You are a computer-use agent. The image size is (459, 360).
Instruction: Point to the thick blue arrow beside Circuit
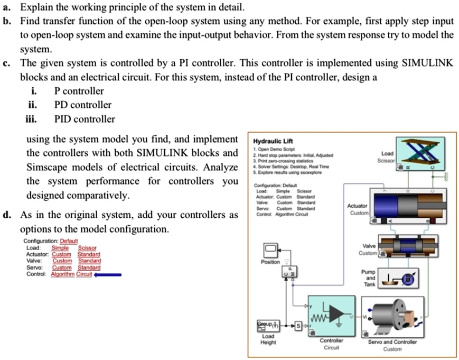(108, 274)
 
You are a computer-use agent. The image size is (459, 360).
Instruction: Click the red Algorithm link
(62, 274)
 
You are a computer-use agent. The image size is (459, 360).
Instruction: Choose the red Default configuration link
(69, 241)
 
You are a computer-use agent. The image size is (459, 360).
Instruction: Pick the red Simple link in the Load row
(61, 248)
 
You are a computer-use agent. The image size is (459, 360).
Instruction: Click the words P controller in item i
(79, 91)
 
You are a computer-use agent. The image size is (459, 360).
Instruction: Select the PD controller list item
(83, 105)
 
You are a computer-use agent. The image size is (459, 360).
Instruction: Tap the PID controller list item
(85, 119)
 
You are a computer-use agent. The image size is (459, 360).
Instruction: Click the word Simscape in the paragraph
(47, 167)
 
